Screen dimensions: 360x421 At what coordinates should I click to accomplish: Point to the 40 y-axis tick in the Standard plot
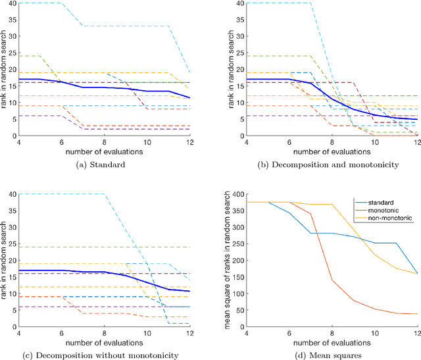pos(16,3)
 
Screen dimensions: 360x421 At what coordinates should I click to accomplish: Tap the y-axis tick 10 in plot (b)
pos(234,103)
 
